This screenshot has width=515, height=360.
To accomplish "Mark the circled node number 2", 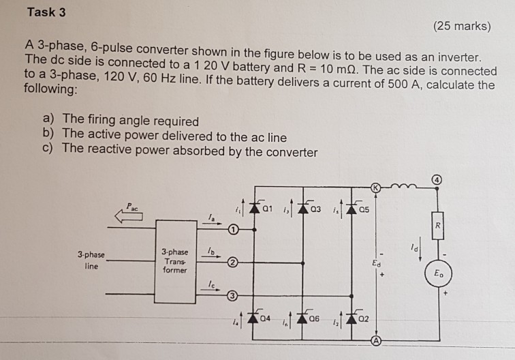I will pyautogui.click(x=233, y=262).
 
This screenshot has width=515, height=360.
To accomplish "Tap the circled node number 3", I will pyautogui.click(x=233, y=295).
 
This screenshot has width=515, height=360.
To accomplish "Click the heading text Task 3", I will pyautogui.click(x=47, y=12).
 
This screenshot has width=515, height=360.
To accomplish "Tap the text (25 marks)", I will pyautogui.click(x=461, y=27).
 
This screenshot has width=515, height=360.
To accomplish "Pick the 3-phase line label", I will pyautogui.click(x=91, y=261).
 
